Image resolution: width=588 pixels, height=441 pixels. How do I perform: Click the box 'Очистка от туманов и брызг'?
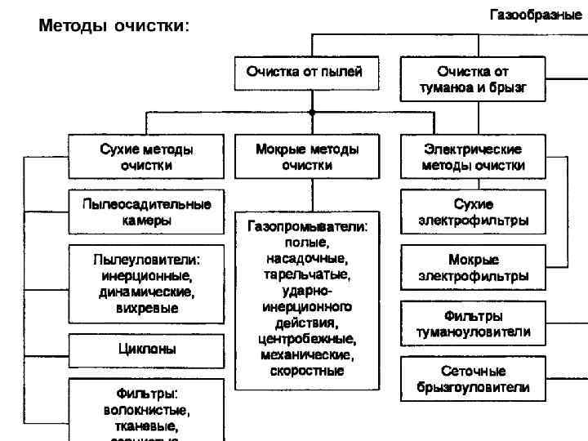pos(472,78)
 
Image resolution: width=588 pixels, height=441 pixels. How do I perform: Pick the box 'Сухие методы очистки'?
pos(147,157)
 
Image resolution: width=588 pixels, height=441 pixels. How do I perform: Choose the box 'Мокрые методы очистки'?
pos(306,157)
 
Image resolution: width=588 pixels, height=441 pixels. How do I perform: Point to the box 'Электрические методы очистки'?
pos(473,157)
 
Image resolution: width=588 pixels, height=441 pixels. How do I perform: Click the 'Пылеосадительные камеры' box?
pos(147,212)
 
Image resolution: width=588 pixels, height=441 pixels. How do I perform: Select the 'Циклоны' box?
pos(147,349)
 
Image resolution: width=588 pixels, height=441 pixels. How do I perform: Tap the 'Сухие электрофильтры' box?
pos(473,212)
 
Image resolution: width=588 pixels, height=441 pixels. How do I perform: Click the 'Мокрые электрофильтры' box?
pos(473,268)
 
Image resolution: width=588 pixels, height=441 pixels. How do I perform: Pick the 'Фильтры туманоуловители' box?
pos(473,323)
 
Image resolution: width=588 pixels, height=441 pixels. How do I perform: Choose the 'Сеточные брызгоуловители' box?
pos(473,379)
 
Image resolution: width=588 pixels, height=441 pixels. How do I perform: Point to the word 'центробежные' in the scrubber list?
pos(307,339)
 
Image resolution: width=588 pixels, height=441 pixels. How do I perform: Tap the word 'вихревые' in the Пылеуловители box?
pos(147,308)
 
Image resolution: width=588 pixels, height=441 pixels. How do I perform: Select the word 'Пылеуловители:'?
pos(147,260)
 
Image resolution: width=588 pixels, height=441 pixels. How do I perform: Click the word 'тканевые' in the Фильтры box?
pos(147,425)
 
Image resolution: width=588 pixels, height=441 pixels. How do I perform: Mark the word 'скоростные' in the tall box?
pos(307,371)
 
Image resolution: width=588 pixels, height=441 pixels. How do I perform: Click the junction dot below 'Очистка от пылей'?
pos(312,112)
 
